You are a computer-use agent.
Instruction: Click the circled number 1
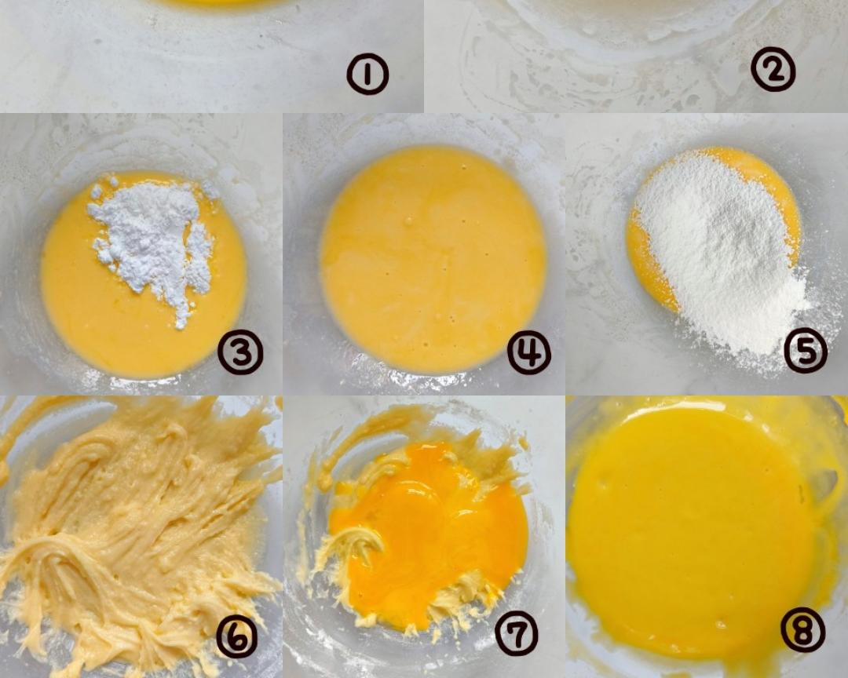tap(367, 75)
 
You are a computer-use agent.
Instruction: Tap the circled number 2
tap(773, 71)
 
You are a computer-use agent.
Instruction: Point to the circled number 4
tap(529, 352)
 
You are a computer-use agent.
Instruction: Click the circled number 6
tap(237, 636)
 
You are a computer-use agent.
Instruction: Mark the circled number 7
tap(517, 634)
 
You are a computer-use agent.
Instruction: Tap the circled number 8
tap(803, 630)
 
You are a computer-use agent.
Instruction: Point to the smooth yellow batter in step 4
tap(433, 260)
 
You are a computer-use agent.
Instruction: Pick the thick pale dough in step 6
tap(135, 535)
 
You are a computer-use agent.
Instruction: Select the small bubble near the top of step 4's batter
tap(408, 221)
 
